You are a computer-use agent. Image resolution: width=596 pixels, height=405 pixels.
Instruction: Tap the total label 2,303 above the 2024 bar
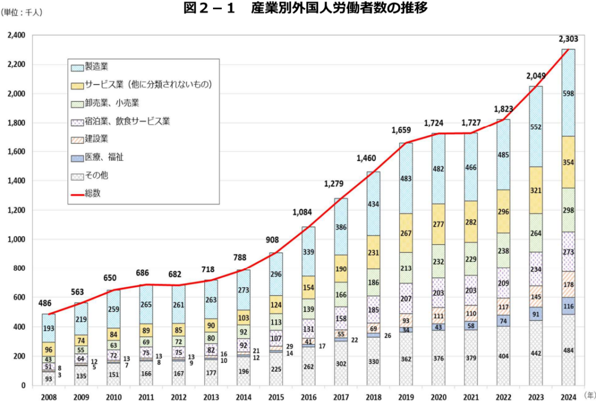(568, 40)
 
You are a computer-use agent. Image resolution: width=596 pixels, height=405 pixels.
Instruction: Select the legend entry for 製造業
(97, 67)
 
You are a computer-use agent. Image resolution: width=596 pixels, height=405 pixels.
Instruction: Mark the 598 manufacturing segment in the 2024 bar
(569, 93)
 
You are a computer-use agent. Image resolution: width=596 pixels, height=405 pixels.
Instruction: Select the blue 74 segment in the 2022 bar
(503, 322)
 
